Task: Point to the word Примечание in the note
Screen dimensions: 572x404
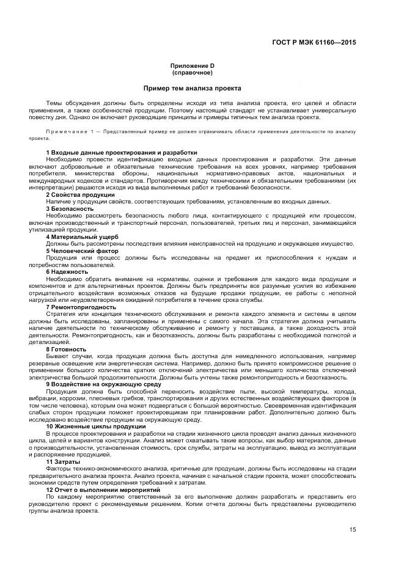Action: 63,132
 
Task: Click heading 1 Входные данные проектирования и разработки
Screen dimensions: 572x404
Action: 122,152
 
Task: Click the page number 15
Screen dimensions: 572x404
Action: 353,529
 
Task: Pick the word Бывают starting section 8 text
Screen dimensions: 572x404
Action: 56,356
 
